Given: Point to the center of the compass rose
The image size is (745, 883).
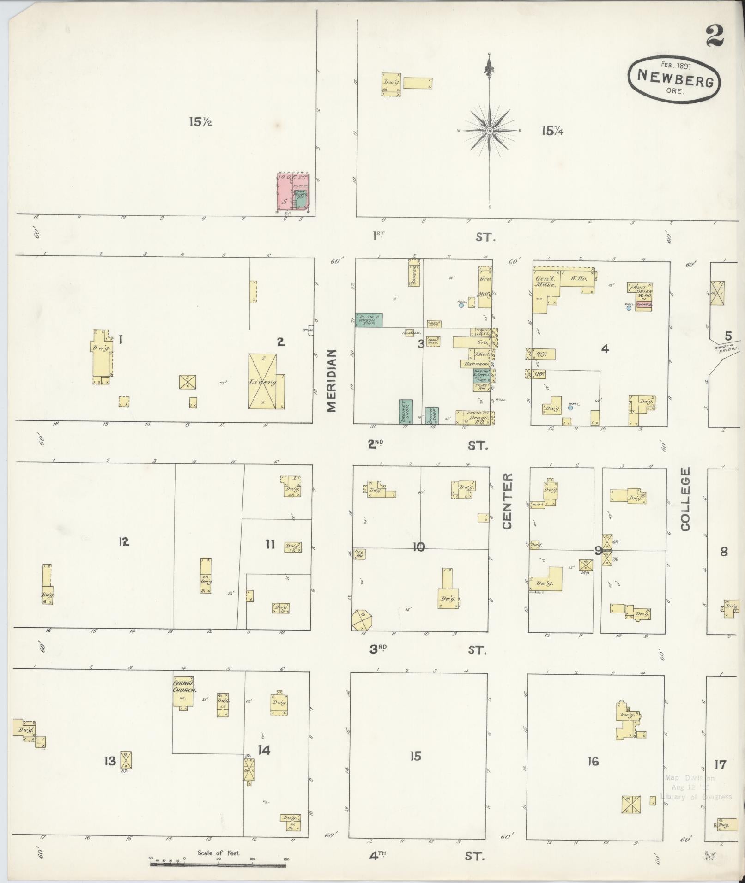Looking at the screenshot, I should pyautogui.click(x=489, y=131).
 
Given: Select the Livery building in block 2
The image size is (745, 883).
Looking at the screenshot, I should pyautogui.click(x=262, y=381).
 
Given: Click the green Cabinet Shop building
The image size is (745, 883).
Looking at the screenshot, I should pyautogui.click(x=406, y=411).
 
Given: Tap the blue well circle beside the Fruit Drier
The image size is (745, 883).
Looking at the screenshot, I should pyautogui.click(x=629, y=308).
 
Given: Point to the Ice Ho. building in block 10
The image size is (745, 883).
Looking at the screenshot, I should pyautogui.click(x=360, y=553).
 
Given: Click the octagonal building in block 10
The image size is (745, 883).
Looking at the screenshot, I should pyautogui.click(x=362, y=619).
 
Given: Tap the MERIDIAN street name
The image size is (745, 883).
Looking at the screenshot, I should pyautogui.click(x=333, y=380).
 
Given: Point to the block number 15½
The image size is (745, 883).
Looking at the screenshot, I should pyautogui.click(x=200, y=122).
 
